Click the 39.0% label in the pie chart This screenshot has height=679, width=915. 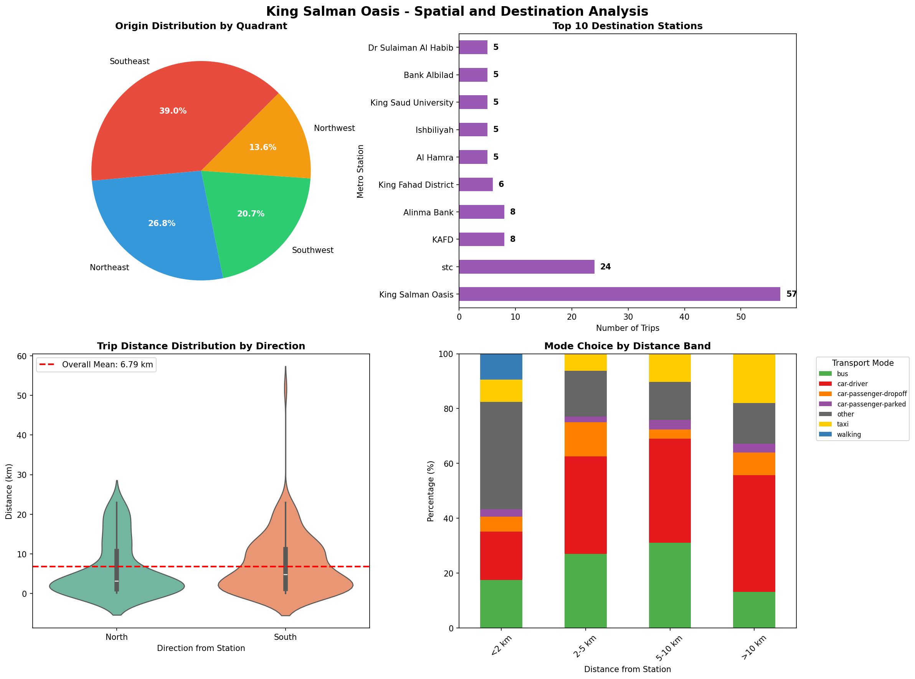[x=173, y=111]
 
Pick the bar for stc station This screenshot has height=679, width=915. [x=526, y=267]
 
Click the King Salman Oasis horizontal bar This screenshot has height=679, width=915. [x=619, y=294]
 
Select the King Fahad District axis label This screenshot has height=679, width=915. [x=416, y=185]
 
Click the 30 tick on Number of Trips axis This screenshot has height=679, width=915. [x=628, y=317]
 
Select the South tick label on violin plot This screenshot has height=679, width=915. [x=285, y=637]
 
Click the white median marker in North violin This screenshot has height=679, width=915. [x=117, y=581]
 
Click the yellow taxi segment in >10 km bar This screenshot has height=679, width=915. [x=754, y=378]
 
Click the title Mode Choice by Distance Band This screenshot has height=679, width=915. [x=627, y=346]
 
